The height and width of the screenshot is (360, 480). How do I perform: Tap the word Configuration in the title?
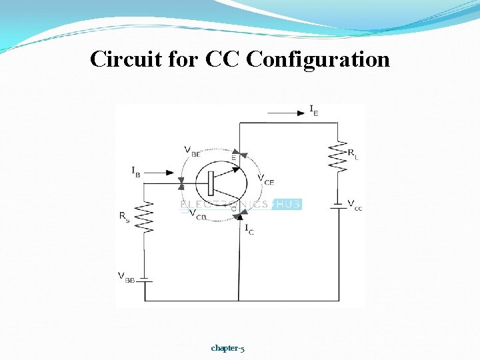(318, 59)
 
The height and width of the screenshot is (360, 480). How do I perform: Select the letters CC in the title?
(223, 59)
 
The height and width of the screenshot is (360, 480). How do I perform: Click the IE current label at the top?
(313, 111)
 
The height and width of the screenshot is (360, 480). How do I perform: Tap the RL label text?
(353, 153)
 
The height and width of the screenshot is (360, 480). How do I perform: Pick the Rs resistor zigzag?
(145, 216)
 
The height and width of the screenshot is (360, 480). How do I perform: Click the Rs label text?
(125, 217)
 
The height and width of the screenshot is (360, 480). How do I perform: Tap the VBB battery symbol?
(145, 281)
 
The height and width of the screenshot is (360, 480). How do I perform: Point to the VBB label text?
(126, 277)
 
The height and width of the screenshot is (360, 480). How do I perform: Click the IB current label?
(136, 172)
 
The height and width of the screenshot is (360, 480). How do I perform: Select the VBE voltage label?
(192, 151)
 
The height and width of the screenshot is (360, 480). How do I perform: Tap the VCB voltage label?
(197, 215)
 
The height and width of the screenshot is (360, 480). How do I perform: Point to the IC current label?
(249, 229)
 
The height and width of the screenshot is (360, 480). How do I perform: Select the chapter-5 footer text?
(227, 347)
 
